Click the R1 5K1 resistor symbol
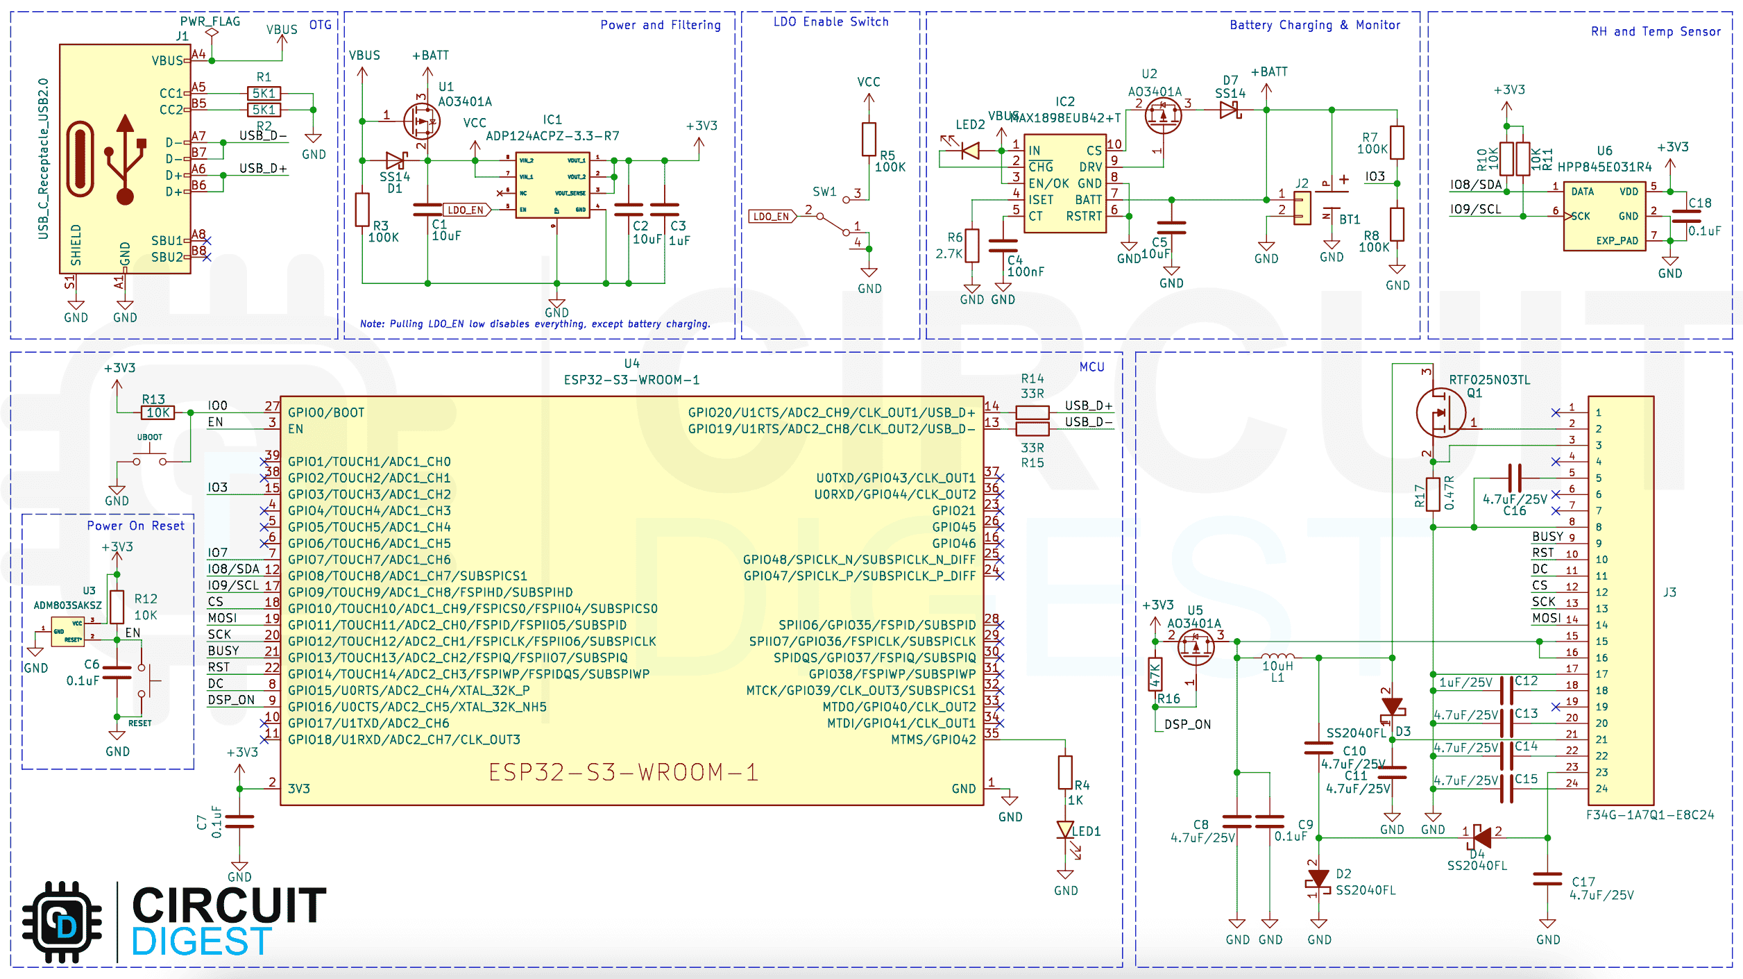[264, 93]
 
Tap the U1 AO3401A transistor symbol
[422, 122]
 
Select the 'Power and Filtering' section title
[660, 25]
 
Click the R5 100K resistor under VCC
[869, 139]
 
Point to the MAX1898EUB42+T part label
[1065, 117]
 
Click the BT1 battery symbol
[1331, 208]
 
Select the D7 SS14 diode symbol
[1230, 110]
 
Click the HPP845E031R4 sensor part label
[1604, 167]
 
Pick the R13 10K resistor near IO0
[158, 412]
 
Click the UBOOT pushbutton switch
[150, 459]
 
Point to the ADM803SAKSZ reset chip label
[67, 605]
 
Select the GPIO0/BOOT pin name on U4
[325, 412]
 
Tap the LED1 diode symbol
[1065, 830]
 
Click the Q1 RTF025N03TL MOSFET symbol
[1440, 412]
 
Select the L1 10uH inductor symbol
[1277, 656]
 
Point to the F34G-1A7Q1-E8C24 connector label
[1649, 814]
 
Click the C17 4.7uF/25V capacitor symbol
[1547, 879]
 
